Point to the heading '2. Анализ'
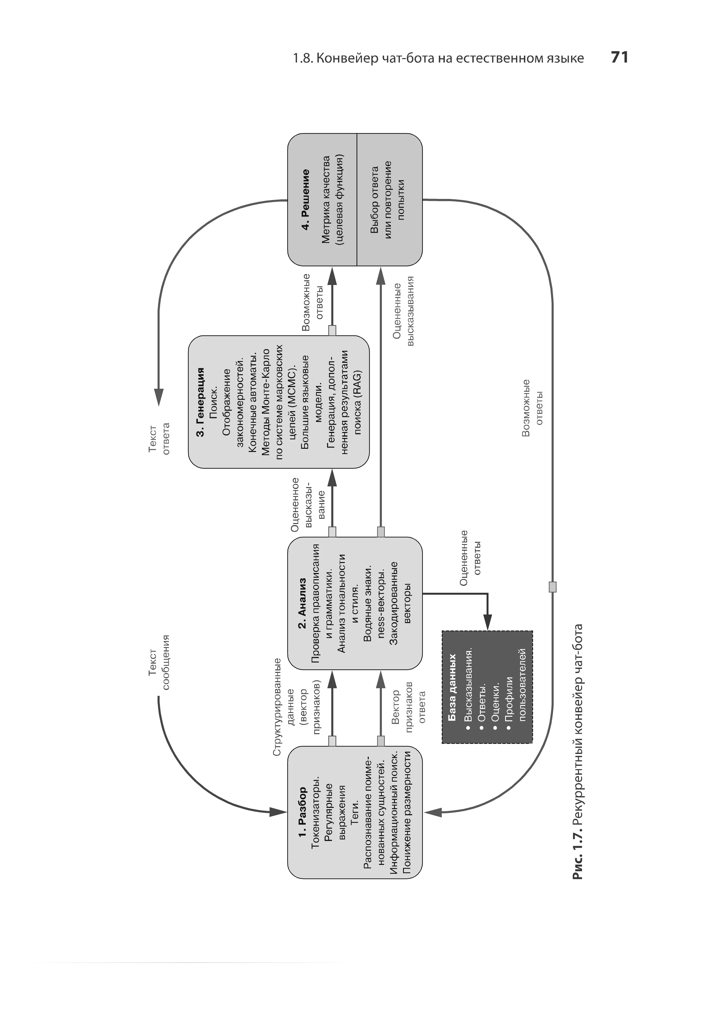point(302,603)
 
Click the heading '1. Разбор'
point(302,813)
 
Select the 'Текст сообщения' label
point(159,662)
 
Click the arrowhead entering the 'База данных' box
point(487,623)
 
